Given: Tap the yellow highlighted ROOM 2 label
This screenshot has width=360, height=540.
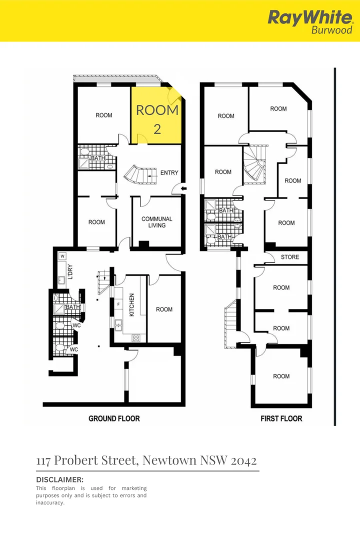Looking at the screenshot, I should point(157,119).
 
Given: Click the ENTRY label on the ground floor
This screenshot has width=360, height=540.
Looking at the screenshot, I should point(169,173).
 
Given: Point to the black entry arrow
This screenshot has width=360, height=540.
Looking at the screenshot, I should point(183,188).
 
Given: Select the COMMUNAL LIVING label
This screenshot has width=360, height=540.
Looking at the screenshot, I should point(156,222).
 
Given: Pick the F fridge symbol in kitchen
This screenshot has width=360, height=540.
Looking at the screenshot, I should point(118,304).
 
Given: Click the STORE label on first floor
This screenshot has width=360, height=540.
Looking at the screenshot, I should point(290,257).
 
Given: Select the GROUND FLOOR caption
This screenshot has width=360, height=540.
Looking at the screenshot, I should point(114,418).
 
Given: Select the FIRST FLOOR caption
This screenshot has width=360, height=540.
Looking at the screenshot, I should point(281,418).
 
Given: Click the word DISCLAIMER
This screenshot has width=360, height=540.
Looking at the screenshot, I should point(59,479).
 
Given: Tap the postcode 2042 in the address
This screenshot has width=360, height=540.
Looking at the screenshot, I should point(243,460).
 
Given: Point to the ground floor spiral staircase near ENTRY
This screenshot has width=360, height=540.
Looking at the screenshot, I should point(136,175).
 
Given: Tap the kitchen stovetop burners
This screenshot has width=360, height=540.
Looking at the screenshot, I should point(135,338).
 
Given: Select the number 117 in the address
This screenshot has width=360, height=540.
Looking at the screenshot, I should point(44,460).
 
